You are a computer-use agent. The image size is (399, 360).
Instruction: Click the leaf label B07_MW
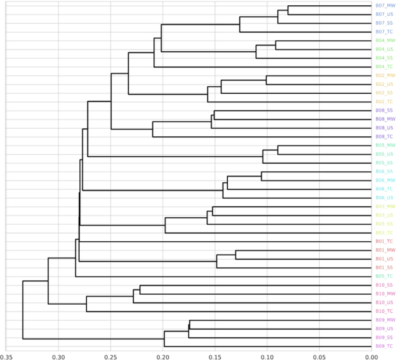pyautogui.click(x=384, y=6)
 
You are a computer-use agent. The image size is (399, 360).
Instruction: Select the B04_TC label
pyautogui.click(x=384, y=67)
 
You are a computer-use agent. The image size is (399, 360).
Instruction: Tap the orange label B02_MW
pyautogui.click(x=384, y=76)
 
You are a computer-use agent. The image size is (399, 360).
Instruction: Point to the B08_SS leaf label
pyautogui.click(x=384, y=110)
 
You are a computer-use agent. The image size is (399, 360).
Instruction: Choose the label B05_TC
pyautogui.click(x=384, y=276)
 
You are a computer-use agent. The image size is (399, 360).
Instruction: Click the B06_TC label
pyautogui.click(x=384, y=189)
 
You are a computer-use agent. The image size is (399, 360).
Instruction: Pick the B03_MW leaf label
pyautogui.click(x=384, y=206)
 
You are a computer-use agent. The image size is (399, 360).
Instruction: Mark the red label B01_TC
pyautogui.click(x=384, y=241)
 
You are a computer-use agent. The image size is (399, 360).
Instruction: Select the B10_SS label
pyautogui.click(x=384, y=285)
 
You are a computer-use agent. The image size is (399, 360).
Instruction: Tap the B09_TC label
pyautogui.click(x=384, y=346)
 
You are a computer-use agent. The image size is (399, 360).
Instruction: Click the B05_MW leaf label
pyautogui.click(x=384, y=145)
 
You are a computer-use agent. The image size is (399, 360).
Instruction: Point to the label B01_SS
pyautogui.click(x=384, y=267)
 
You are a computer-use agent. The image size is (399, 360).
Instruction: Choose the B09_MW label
pyautogui.click(x=384, y=320)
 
